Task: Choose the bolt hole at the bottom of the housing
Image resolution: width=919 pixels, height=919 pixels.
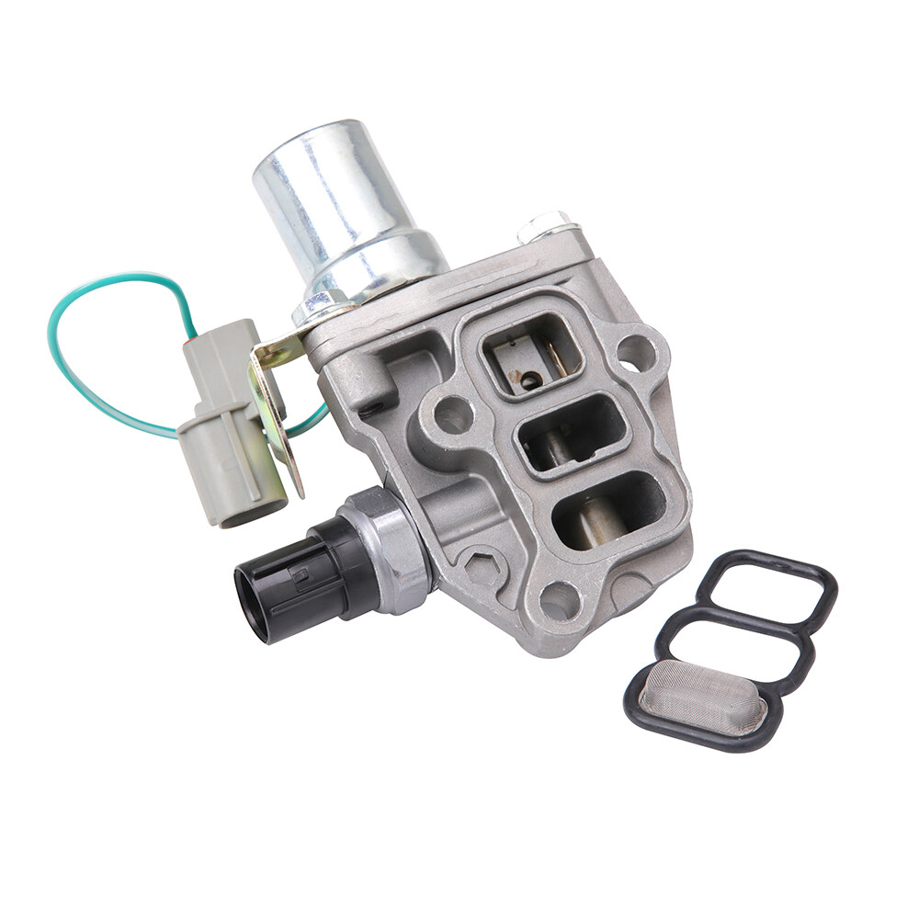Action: (560, 601)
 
